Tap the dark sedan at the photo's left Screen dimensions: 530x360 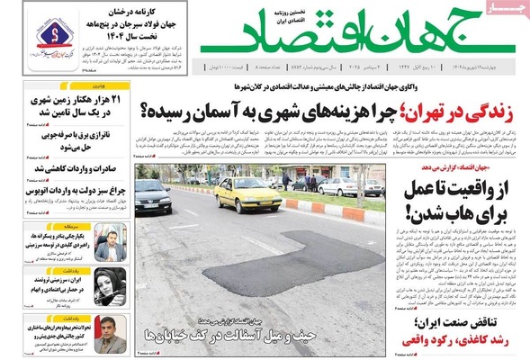(153, 195)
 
